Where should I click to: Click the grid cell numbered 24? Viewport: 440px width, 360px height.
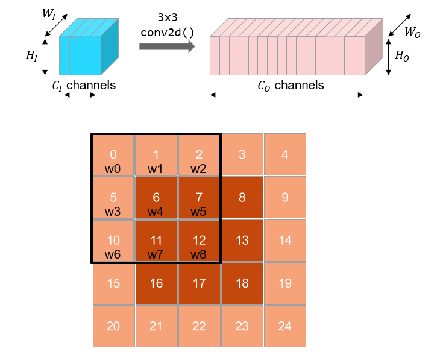click(x=285, y=326)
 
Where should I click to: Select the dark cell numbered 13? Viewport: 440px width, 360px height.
click(x=242, y=241)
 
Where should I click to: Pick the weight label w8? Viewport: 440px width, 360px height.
click(x=199, y=254)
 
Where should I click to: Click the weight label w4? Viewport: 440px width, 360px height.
click(x=156, y=212)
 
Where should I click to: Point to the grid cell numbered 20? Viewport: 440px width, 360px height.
click(x=113, y=326)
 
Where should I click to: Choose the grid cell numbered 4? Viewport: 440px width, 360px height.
click(x=285, y=154)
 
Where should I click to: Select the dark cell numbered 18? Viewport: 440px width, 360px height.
click(x=242, y=283)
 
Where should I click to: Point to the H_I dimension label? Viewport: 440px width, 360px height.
click(x=31, y=55)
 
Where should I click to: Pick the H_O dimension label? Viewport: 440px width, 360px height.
click(x=401, y=56)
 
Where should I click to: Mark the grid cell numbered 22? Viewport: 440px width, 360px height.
click(x=199, y=326)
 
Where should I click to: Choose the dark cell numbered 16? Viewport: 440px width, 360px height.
click(x=156, y=283)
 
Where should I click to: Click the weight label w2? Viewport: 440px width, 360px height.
click(x=199, y=169)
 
